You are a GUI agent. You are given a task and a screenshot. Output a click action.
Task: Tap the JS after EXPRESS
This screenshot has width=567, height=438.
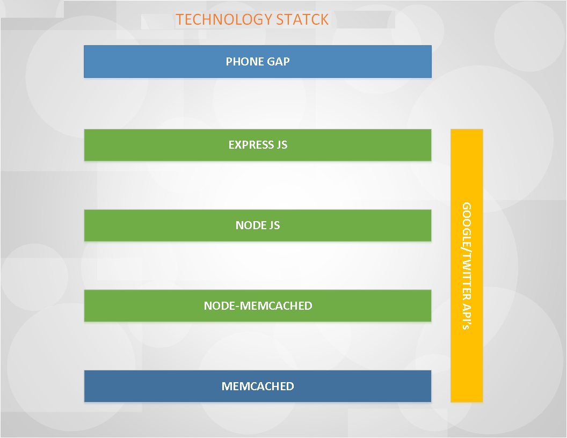[x=282, y=145]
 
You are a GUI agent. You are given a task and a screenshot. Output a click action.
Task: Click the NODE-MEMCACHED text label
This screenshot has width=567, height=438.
[x=258, y=306]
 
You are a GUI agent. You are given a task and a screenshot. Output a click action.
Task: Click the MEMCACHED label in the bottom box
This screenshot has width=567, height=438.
[x=258, y=386]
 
